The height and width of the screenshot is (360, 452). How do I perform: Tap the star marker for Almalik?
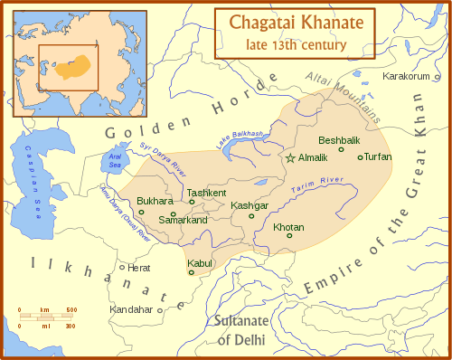290,158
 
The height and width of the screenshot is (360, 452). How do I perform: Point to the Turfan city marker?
361,157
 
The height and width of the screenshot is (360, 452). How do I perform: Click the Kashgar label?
250,206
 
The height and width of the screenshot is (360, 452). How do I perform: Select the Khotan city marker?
289,236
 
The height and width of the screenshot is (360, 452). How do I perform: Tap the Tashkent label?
207,193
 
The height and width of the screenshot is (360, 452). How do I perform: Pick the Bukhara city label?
155,200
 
